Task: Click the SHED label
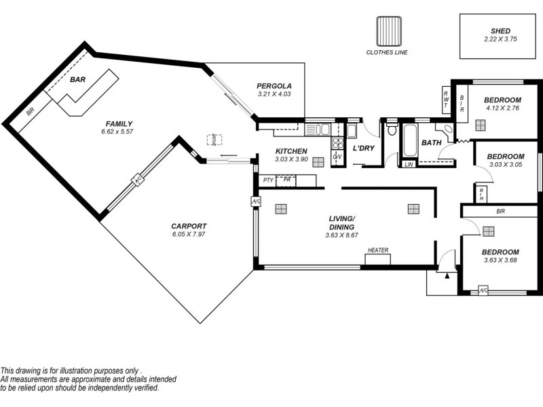click(500, 31)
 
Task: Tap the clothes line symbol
click(389, 31)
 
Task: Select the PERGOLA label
click(274, 85)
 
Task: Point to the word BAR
click(78, 79)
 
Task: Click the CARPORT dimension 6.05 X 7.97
click(189, 235)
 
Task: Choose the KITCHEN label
click(291, 151)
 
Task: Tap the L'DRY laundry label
click(364, 148)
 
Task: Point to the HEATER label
click(378, 250)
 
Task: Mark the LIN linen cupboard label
click(409, 165)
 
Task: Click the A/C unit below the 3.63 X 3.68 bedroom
click(483, 290)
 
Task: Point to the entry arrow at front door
click(446, 275)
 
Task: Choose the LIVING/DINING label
click(342, 222)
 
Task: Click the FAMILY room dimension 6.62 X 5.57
click(118, 132)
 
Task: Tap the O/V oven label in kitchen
click(337, 157)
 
